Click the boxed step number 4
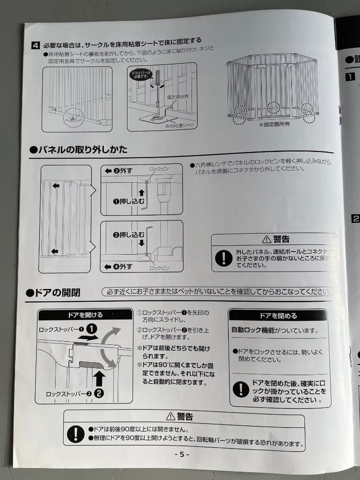35,45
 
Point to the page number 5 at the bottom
182,454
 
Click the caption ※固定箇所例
274,124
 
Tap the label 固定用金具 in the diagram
178,96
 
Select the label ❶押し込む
128,201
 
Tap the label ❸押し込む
128,235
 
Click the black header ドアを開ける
85,315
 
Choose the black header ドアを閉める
278,316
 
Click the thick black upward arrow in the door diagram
100,378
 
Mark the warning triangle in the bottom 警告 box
171,416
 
